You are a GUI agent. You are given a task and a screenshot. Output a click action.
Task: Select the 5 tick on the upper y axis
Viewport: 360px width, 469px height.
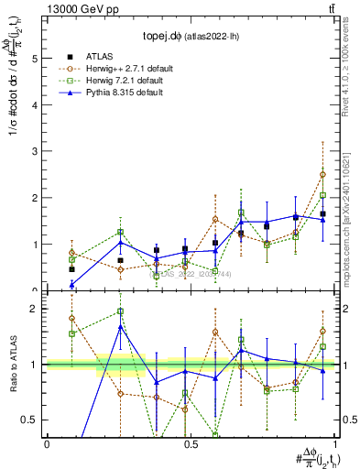click(x=36, y=58)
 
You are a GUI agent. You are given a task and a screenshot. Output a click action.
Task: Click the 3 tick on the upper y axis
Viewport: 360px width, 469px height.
click(x=36, y=151)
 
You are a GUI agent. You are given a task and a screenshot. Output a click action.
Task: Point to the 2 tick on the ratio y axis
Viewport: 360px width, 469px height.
click(x=36, y=309)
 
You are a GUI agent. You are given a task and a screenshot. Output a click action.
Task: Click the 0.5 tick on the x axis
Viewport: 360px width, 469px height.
click(x=190, y=444)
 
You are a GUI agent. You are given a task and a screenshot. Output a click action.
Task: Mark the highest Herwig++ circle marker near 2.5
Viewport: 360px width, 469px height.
click(x=322, y=174)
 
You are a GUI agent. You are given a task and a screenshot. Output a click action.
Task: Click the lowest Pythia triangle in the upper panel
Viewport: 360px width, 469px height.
click(x=71, y=284)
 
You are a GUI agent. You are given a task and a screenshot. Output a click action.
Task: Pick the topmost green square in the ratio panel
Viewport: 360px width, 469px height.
click(x=120, y=311)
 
